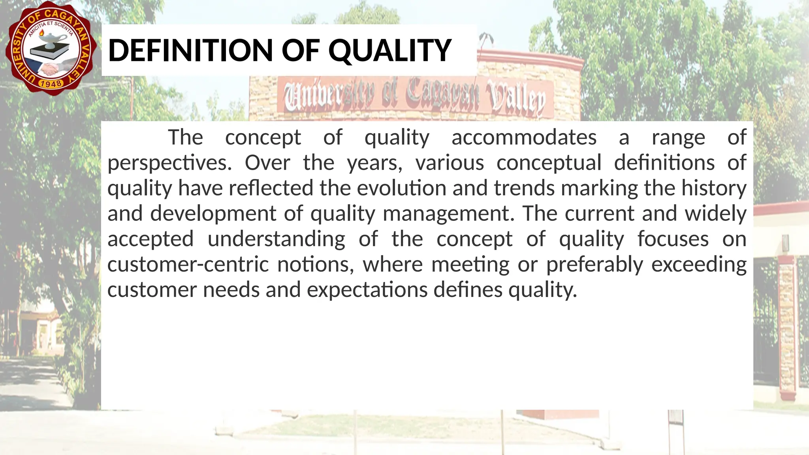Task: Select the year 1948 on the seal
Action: pyautogui.click(x=51, y=83)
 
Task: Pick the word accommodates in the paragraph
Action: pyautogui.click(x=524, y=137)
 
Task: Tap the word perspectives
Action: pyautogui.click(x=169, y=163)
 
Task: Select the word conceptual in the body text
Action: pyautogui.click(x=549, y=163)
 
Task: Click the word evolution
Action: pyautogui.click(x=402, y=188)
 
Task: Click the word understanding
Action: pyautogui.click(x=276, y=239)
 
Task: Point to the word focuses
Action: pyautogui.click(x=673, y=239)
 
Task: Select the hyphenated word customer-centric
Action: pyautogui.click(x=188, y=264)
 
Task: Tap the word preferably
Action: pyautogui.click(x=595, y=264)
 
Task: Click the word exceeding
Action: pyautogui.click(x=699, y=264)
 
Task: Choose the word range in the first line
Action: pyautogui.click(x=678, y=137)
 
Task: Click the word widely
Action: pyautogui.click(x=715, y=214)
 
